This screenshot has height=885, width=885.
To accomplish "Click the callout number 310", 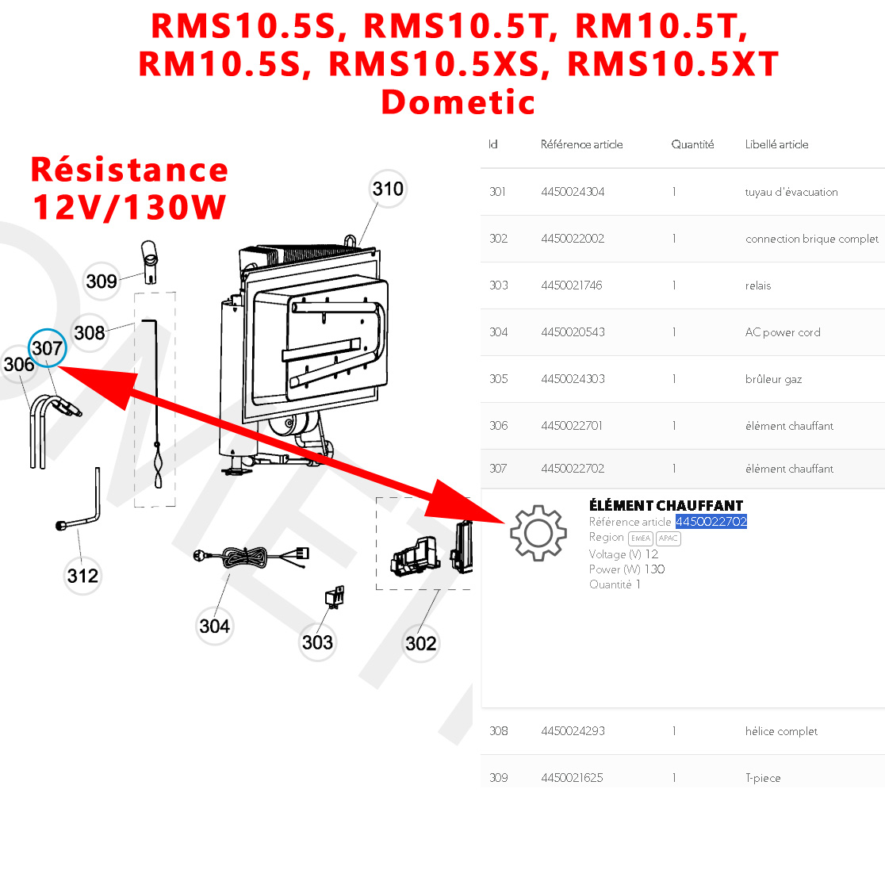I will [x=388, y=189].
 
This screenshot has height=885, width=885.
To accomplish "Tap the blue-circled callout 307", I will [x=47, y=348].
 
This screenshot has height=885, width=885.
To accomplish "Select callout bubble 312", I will [x=82, y=575].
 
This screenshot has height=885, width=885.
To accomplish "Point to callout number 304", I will [x=214, y=626].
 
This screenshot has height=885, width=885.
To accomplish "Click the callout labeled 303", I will [x=317, y=642].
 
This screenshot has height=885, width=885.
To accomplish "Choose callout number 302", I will [x=420, y=643].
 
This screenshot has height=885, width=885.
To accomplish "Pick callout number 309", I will [x=102, y=281].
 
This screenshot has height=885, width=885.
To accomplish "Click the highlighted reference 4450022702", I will [x=711, y=522].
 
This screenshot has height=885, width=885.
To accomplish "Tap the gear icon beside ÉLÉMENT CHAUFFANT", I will [x=538, y=533].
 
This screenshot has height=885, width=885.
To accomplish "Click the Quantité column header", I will [x=692, y=144].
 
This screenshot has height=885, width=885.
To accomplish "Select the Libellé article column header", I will [x=776, y=144].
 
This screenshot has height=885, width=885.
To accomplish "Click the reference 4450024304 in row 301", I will [x=573, y=192].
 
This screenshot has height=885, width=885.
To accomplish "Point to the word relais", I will [x=757, y=285].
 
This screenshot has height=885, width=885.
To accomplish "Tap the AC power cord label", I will [x=782, y=332].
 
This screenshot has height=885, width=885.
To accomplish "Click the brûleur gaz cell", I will [x=773, y=379].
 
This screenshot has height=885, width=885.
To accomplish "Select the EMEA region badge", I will [x=640, y=538].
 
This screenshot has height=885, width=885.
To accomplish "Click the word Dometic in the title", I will [x=458, y=102].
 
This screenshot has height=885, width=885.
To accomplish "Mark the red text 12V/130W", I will [x=129, y=207].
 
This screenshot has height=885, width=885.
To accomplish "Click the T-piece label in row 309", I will [x=762, y=778].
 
